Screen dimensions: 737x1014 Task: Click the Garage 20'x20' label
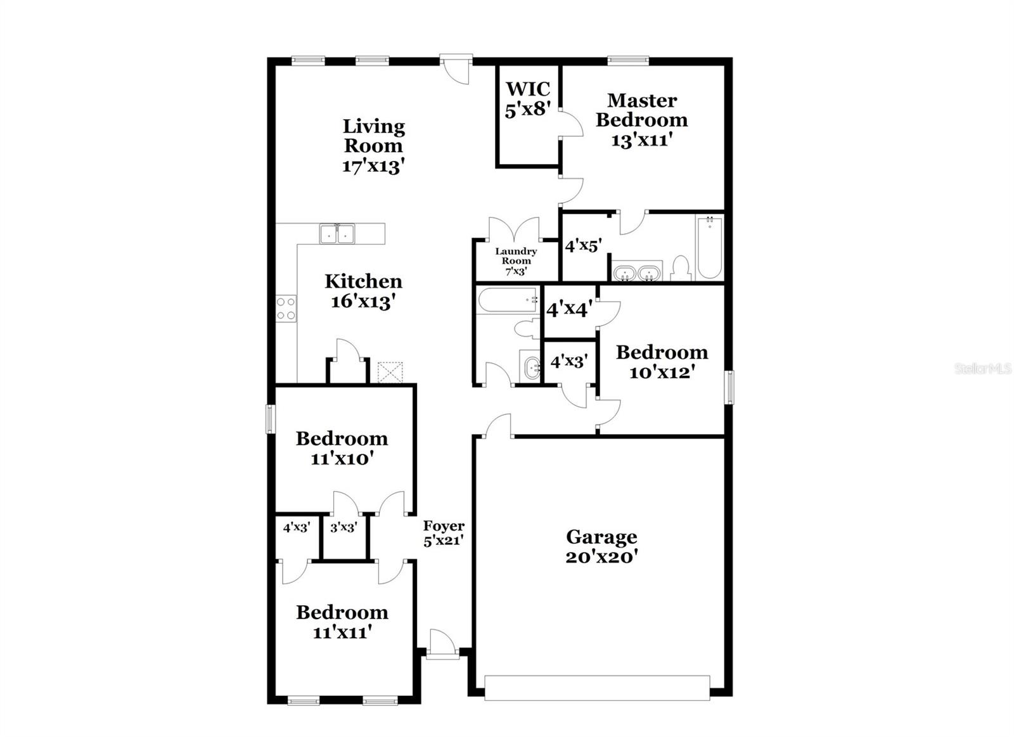(601, 547)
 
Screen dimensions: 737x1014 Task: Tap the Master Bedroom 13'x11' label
(641, 120)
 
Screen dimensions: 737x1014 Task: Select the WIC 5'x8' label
(527, 99)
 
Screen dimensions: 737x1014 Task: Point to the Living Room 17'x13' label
(373, 146)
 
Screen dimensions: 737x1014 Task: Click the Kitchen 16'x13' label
(363, 291)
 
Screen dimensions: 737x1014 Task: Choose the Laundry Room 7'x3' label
(516, 261)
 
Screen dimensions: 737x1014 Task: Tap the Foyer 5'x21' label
(444, 533)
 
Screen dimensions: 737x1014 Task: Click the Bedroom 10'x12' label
(662, 361)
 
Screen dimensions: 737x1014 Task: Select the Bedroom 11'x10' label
(342, 448)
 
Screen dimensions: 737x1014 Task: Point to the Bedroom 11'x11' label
(342, 622)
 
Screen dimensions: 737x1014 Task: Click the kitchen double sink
(337, 234)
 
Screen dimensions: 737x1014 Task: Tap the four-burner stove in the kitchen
(286, 309)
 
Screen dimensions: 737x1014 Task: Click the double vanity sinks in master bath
(637, 273)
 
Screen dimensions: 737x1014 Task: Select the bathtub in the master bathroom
(709, 248)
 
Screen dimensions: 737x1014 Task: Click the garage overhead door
(596, 688)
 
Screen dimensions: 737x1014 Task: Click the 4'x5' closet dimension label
(582, 245)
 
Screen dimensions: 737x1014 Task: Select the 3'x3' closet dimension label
(343, 527)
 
